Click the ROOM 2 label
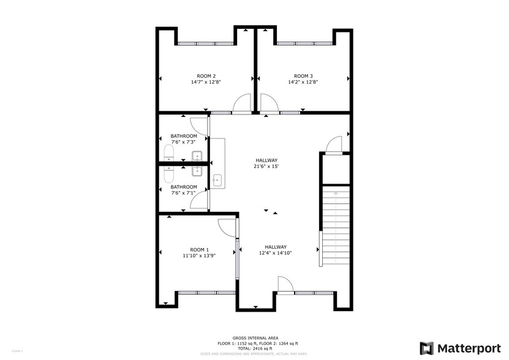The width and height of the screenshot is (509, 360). point(206,76)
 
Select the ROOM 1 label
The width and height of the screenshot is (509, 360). point(200,249)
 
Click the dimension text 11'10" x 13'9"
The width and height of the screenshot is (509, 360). point(200,256)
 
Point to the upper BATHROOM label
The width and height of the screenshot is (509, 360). point(184,136)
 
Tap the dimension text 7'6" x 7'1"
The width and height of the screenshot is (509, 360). point(184,193)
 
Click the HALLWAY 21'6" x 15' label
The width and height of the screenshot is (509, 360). point(267,160)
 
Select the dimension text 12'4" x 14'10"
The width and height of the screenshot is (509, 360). point(276,253)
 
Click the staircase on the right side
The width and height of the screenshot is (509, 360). point(335,227)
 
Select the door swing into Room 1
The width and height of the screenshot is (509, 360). point(228,227)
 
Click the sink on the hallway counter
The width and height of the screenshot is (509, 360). point(217,180)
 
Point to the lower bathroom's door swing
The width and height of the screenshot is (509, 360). point(198,200)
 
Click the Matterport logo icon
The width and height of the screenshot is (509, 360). point(427,348)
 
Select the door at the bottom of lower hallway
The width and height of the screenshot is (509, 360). point(285,285)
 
